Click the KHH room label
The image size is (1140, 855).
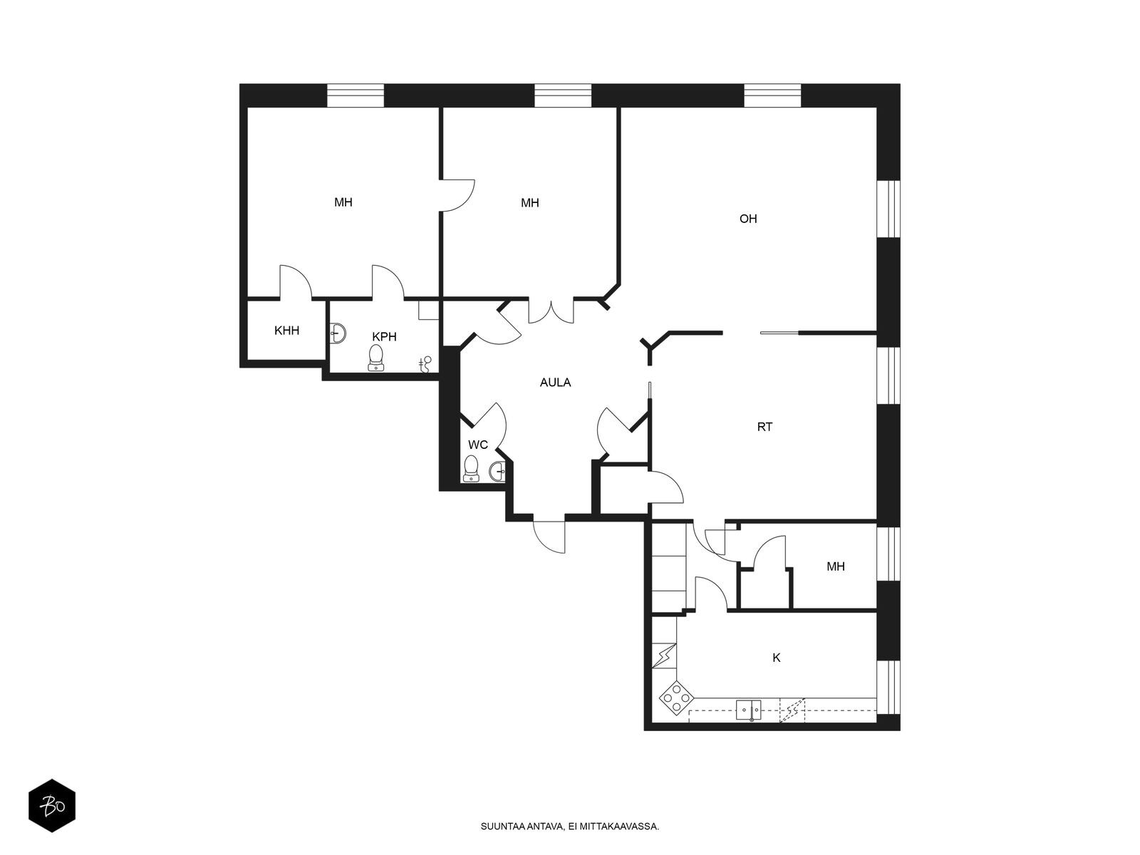[286, 330]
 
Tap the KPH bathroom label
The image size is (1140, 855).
[384, 336]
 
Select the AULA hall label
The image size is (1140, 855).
[555, 383]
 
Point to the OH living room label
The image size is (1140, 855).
[748, 219]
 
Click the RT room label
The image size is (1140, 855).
[765, 427]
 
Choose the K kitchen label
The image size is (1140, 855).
[777, 658]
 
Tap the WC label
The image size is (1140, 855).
[478, 445]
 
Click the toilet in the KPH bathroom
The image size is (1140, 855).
[376, 358]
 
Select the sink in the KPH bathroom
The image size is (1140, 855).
[338, 333]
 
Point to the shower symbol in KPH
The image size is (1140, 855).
[425, 364]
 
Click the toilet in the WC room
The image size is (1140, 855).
[471, 468]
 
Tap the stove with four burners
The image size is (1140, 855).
[676, 698]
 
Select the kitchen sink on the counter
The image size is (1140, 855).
[748, 710]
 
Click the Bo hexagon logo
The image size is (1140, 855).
[52, 806]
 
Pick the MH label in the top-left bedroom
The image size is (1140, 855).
[343, 202]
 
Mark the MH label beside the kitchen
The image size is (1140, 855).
[836, 566]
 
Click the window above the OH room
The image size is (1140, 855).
[773, 95]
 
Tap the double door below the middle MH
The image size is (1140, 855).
[551, 311]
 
